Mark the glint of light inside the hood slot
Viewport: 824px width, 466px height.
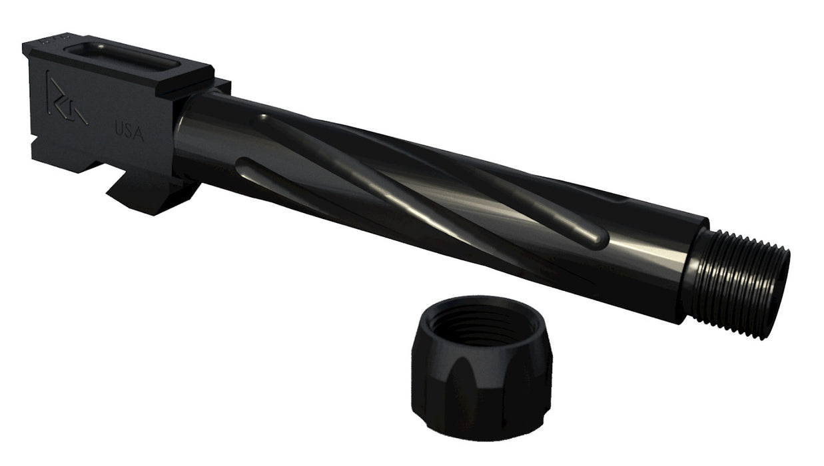(93, 48)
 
